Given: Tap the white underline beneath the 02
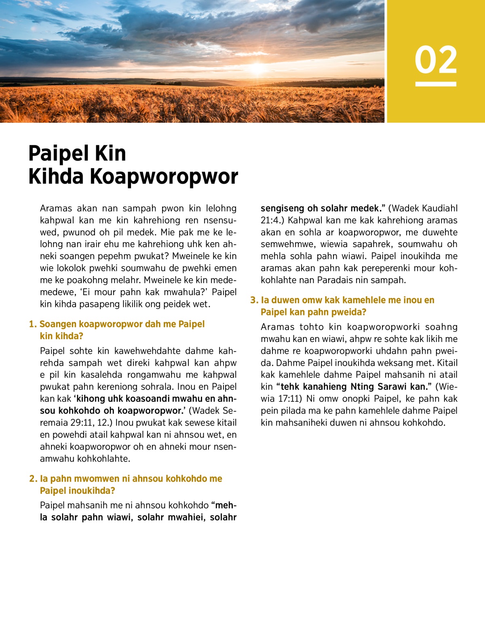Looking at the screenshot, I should [x=436, y=84].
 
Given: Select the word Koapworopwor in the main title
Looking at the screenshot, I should [x=164, y=176].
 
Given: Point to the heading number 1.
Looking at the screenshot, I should [x=32, y=324].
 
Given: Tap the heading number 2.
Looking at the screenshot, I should [x=33, y=479].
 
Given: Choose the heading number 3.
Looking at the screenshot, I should [x=254, y=300].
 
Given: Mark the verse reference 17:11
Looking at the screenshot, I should [x=290, y=399].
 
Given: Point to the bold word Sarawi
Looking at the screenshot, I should [x=392, y=387].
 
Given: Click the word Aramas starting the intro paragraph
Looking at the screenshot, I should [x=56, y=208].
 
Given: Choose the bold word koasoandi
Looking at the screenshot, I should [x=149, y=399].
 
